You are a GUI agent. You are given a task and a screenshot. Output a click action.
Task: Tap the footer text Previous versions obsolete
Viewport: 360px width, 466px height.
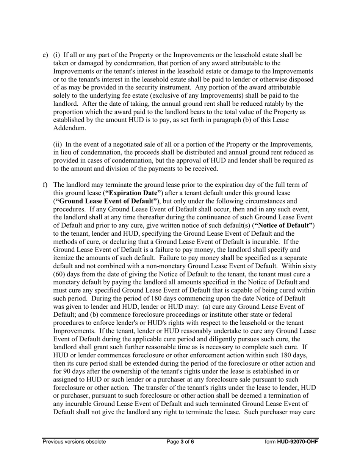point(74,441)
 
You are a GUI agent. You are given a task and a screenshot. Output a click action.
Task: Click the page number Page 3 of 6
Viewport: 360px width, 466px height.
point(180,441)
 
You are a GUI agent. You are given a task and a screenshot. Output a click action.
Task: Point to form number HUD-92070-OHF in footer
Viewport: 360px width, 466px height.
point(297,441)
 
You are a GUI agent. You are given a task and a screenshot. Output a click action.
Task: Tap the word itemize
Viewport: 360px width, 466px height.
point(63,258)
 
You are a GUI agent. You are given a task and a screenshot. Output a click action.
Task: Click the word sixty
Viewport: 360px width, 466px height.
point(309,266)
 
